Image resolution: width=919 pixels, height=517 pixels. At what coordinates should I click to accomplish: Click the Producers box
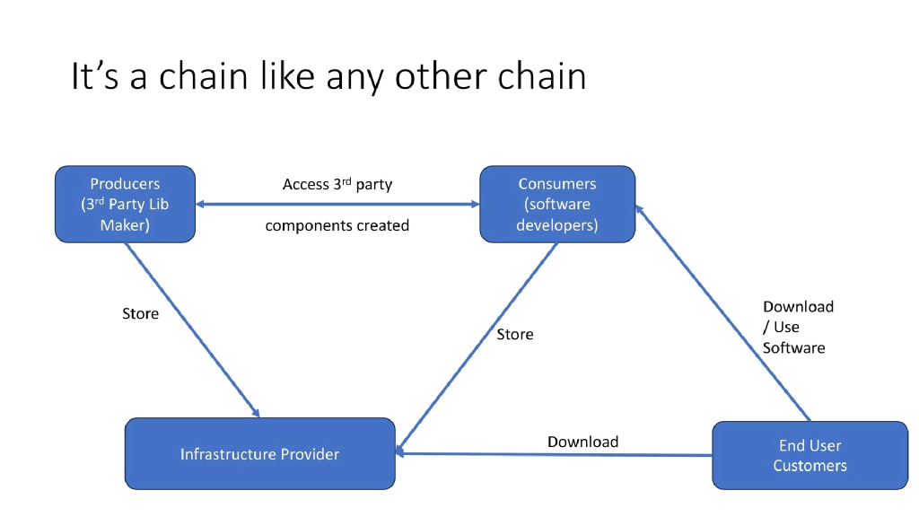point(125,204)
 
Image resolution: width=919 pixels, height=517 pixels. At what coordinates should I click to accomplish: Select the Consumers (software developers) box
point(556,204)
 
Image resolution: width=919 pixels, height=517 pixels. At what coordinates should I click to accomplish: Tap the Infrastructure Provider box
point(259,454)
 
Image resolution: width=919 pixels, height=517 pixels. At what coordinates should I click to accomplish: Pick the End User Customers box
point(810,455)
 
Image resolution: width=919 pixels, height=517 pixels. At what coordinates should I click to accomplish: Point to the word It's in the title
point(93,77)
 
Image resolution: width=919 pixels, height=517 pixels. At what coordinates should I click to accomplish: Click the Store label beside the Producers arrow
point(140,314)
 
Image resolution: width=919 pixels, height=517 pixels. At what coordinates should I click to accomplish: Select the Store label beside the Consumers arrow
point(515,334)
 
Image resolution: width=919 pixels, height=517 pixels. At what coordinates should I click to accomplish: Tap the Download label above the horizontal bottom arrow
point(582,442)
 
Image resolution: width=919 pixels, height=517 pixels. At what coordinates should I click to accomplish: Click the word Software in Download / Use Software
point(793,347)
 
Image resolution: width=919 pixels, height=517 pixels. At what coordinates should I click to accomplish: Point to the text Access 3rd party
point(337,185)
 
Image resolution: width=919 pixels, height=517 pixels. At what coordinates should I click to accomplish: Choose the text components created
point(337,225)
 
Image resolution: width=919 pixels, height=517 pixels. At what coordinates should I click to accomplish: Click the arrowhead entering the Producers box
point(201,205)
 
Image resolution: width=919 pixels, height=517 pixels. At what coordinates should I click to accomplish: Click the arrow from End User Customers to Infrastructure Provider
point(556,454)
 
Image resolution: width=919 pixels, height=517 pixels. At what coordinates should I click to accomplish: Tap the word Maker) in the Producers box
point(125,224)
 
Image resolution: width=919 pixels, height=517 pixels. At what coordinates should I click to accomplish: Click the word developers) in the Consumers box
point(556,224)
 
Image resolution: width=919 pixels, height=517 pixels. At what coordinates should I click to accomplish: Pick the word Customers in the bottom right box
point(810,466)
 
